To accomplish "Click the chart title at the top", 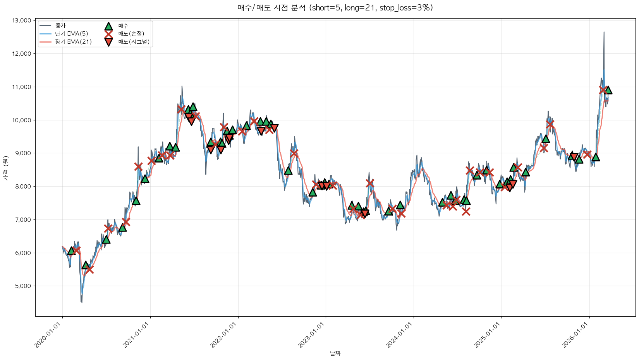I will [335, 8].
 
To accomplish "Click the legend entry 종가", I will [60, 26].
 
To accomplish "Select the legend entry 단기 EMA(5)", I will [71, 34].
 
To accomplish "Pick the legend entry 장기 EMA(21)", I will [73, 42].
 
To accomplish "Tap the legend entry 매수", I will [123, 26].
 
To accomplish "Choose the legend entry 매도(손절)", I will [131, 34].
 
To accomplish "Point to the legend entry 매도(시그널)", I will [134, 42].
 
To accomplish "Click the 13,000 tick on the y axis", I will [22, 21].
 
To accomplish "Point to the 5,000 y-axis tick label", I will [23, 286].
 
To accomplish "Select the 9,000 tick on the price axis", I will [23, 153].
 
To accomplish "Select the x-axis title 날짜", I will [335, 353].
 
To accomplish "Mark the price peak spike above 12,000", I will [604, 33].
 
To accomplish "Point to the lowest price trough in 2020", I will [81, 302].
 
